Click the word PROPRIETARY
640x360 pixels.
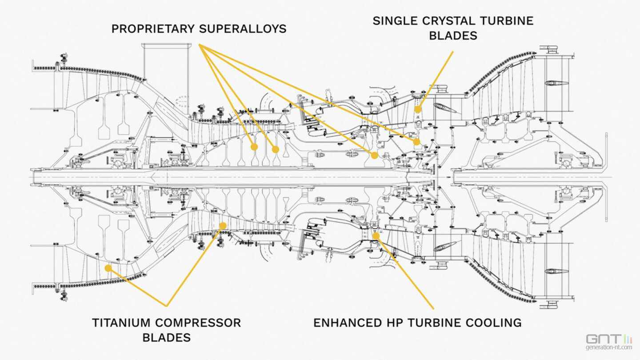[x=152, y=29]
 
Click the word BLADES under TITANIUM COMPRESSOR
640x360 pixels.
[x=167, y=337]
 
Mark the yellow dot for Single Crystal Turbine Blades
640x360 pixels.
[x=418, y=109]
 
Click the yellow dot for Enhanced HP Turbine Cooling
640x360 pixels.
[x=376, y=236]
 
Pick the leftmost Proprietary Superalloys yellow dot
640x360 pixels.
[x=254, y=147]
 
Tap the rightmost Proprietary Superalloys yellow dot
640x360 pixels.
[x=416, y=142]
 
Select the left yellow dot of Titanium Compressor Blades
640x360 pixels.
[x=108, y=268]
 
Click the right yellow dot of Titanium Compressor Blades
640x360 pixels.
[x=223, y=226]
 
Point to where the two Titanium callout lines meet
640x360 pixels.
[x=167, y=306]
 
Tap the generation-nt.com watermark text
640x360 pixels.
[x=609, y=348]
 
